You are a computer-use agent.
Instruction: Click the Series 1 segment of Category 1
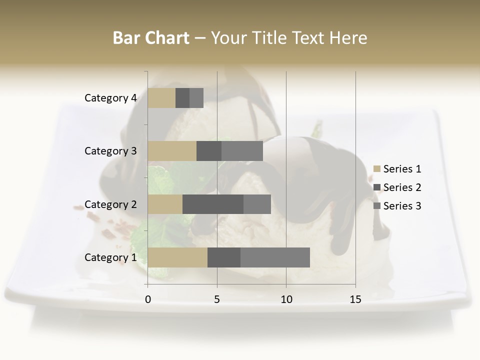177,257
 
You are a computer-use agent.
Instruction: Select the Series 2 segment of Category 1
224,257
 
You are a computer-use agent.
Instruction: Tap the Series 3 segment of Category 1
275,257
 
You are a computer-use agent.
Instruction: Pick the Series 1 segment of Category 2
165,204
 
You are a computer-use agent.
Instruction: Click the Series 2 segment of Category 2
213,204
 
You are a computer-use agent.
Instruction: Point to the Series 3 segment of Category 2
257,204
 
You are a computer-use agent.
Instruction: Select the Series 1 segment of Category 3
172,151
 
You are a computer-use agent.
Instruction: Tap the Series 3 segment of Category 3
242,151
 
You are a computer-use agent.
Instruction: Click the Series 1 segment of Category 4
161,98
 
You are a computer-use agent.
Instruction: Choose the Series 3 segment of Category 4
196,98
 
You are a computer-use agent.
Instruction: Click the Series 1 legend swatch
377,169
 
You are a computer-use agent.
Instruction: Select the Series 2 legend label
402,187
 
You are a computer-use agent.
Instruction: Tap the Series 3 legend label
402,206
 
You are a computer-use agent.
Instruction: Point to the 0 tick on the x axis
148,300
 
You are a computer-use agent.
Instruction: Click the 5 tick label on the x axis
217,300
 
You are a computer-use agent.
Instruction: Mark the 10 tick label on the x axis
286,300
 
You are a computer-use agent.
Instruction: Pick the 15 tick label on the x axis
355,300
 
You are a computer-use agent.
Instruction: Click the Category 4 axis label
110,98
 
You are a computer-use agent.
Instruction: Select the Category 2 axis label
110,204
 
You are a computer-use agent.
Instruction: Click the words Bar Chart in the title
151,37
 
